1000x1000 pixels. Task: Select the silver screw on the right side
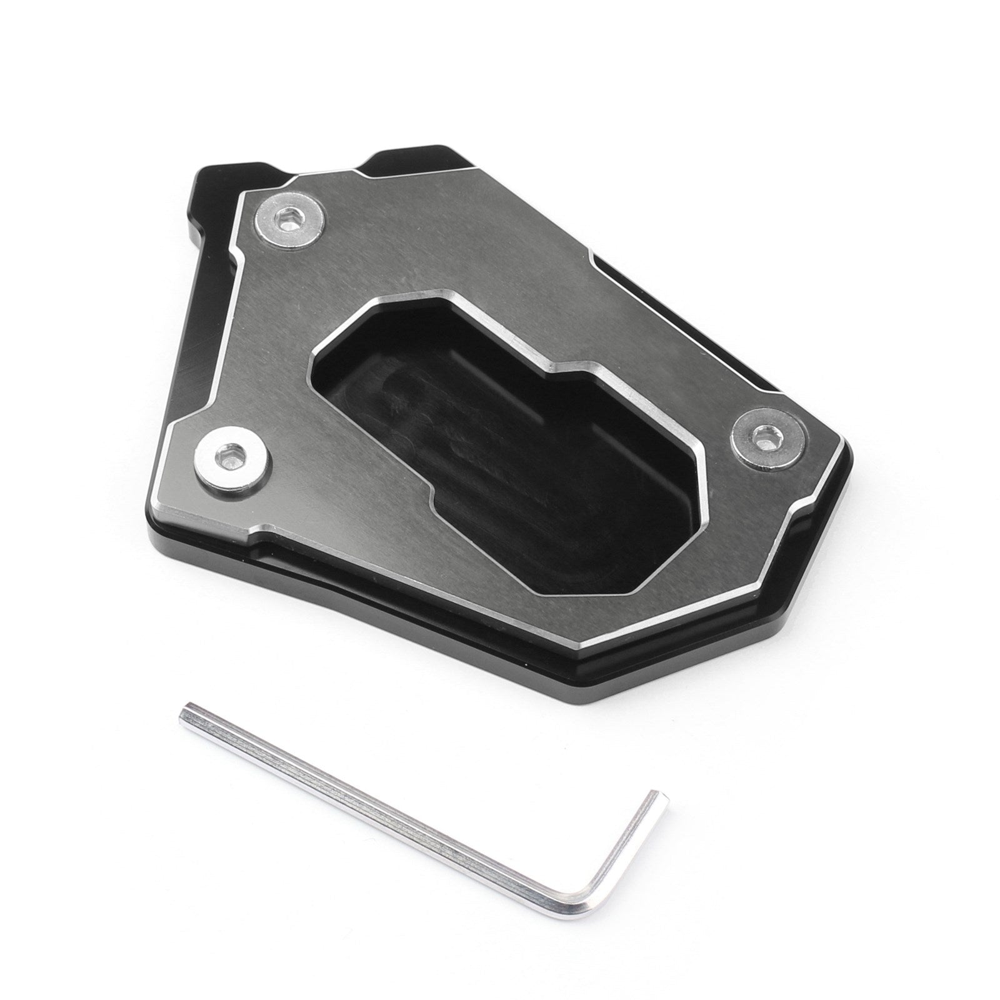click(764, 437)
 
